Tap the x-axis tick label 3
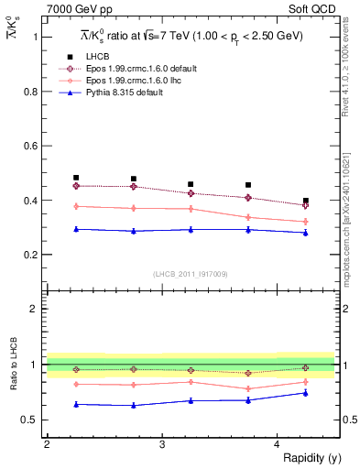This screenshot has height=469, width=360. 162,444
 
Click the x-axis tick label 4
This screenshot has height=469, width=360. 278,444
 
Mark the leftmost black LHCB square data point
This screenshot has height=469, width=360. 76,178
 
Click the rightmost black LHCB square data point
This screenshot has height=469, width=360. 306,201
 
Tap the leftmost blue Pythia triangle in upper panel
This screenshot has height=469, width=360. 76,229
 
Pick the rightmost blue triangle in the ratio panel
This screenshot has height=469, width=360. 306,393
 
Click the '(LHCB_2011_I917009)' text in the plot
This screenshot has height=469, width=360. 191,273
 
